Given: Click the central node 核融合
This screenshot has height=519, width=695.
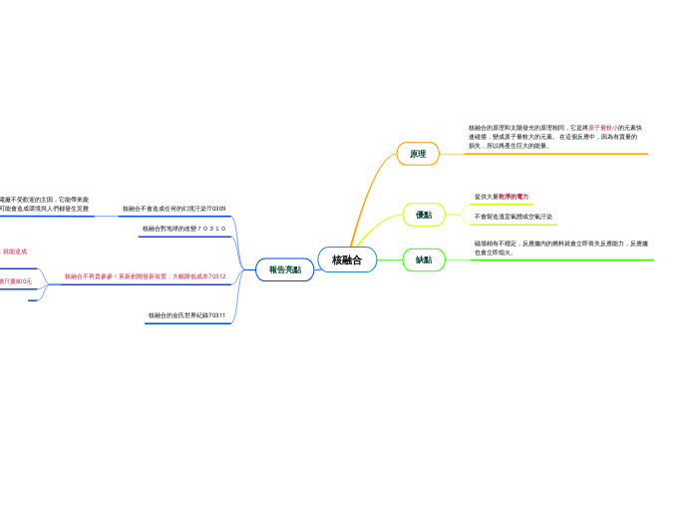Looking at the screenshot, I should point(347,259).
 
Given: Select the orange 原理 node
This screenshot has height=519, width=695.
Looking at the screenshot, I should point(418,154).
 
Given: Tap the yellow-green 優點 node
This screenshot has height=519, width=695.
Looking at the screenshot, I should point(424,215).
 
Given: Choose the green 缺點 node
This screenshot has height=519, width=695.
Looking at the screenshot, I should point(424,259).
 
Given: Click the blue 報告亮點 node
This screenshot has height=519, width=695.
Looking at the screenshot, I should point(284,269).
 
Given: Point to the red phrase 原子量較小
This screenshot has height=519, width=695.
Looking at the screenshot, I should point(605,128).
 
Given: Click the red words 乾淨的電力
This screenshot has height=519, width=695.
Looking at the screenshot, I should point(514,197).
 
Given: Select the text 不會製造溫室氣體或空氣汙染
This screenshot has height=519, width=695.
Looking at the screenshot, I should point(514,216).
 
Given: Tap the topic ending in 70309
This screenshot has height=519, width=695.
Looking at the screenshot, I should point(174,209).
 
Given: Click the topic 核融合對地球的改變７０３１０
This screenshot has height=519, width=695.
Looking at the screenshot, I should point(184,229).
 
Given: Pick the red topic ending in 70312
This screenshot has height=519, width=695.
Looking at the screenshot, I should point(145,276).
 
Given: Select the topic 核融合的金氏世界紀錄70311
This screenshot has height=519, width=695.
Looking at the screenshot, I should point(187,315).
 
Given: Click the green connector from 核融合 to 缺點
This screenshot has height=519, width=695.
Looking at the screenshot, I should point(391,259).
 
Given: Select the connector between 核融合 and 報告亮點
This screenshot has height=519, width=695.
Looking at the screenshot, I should point(316,265).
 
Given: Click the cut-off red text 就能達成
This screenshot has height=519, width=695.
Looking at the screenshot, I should point(15,252).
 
